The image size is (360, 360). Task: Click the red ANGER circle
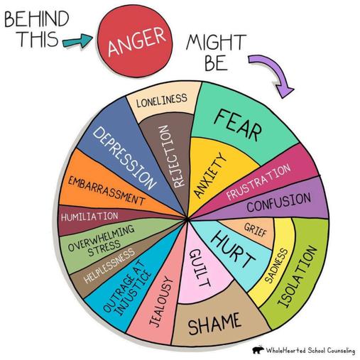135,41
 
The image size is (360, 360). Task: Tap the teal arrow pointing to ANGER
77,41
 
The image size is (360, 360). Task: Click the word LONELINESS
162,100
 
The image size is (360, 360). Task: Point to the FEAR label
238,125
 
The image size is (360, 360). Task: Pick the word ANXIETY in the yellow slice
209,175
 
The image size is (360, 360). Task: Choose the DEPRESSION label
125,158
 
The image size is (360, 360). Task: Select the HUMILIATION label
89,216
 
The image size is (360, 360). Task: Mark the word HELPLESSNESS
109,266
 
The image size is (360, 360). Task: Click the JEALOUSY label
161,302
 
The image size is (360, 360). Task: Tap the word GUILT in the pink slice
200,268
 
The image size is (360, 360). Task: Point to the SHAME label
214,323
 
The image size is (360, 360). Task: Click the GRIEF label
256,230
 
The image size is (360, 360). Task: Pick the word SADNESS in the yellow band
276,266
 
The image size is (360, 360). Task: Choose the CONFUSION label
279,202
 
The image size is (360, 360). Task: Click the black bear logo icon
258,350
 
